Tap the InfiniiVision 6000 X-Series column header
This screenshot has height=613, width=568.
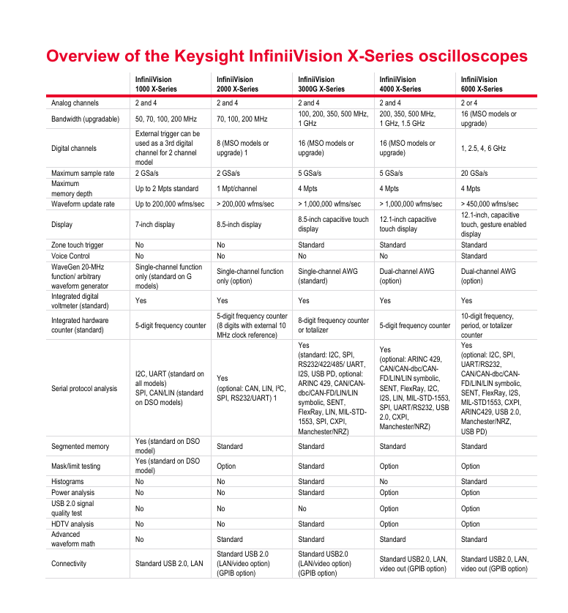pyautogui.click(x=482, y=84)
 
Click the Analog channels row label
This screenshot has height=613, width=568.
pyautogui.click(x=75, y=103)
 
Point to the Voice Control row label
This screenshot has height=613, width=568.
pyautogui.click(x=72, y=256)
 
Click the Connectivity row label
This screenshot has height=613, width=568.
pyautogui.click(x=69, y=563)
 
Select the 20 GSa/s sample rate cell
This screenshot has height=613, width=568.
pyautogui.click(x=474, y=174)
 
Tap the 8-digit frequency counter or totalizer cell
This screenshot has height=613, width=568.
pyautogui.click(x=333, y=325)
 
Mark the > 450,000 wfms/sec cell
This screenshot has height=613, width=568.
pyautogui.click(x=490, y=204)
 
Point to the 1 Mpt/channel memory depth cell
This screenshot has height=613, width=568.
pyautogui.click(x=236, y=189)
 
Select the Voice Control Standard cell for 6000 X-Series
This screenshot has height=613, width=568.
pyautogui.click(x=474, y=256)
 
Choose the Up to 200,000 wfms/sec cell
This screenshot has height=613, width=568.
pyautogui.click(x=169, y=204)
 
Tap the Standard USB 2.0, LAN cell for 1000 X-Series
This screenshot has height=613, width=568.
pyautogui.click(x=169, y=563)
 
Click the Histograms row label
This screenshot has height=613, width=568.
pyautogui.click(x=67, y=482)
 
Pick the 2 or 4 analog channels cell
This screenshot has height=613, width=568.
pyautogui.click(x=469, y=103)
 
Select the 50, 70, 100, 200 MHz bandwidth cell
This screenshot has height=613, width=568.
pyautogui.click(x=167, y=119)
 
